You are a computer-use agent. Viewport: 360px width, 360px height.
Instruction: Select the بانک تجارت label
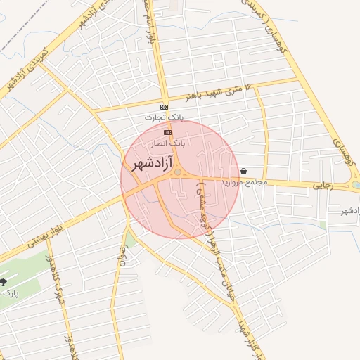point(164,117)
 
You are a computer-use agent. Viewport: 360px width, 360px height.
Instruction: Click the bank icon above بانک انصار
point(167,132)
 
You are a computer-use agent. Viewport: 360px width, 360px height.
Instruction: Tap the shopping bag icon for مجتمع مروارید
point(243,171)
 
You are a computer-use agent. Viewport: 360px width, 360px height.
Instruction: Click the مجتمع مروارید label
point(244,181)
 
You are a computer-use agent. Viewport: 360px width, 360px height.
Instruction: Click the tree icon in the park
point(4,283)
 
